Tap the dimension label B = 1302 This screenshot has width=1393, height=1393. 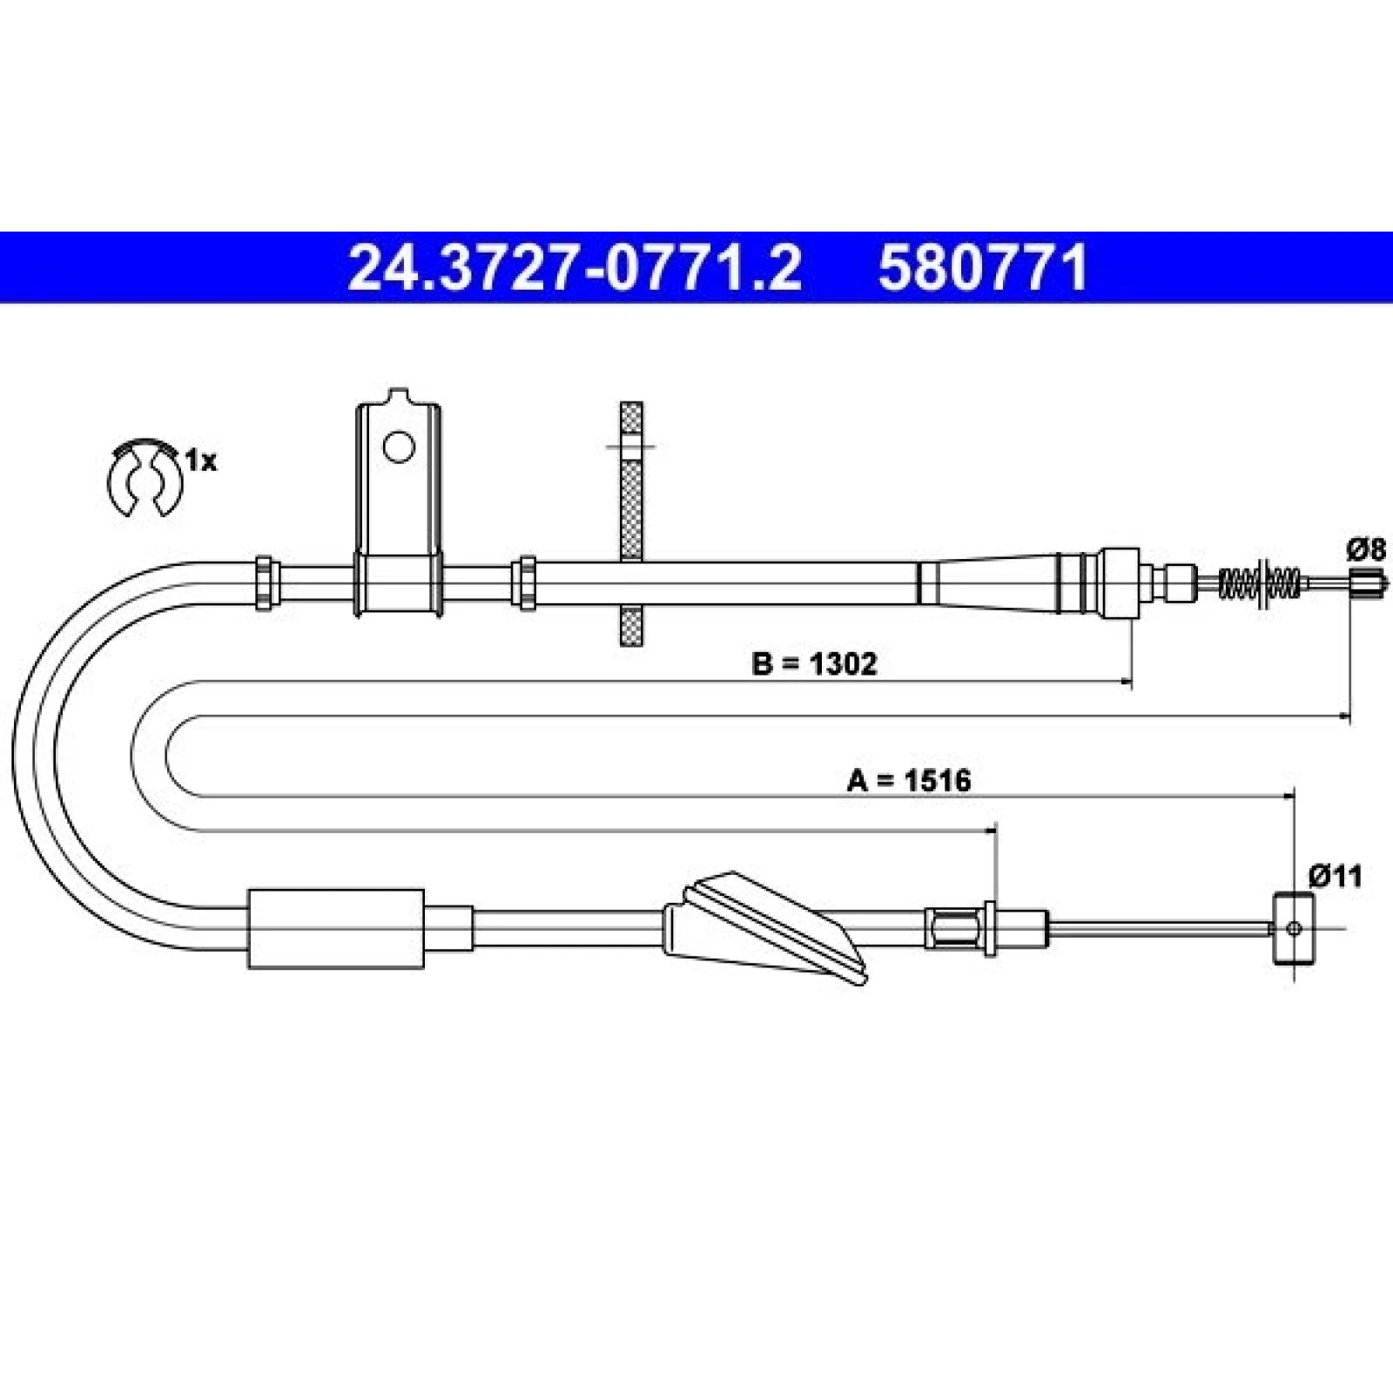814,664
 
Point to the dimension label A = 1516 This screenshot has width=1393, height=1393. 909,780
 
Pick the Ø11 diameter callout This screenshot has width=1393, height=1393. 1335,876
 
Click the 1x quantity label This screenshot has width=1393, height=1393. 201,461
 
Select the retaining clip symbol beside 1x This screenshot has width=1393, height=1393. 143,478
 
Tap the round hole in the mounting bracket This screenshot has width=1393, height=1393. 400,448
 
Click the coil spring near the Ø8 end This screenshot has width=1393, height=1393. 1261,582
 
